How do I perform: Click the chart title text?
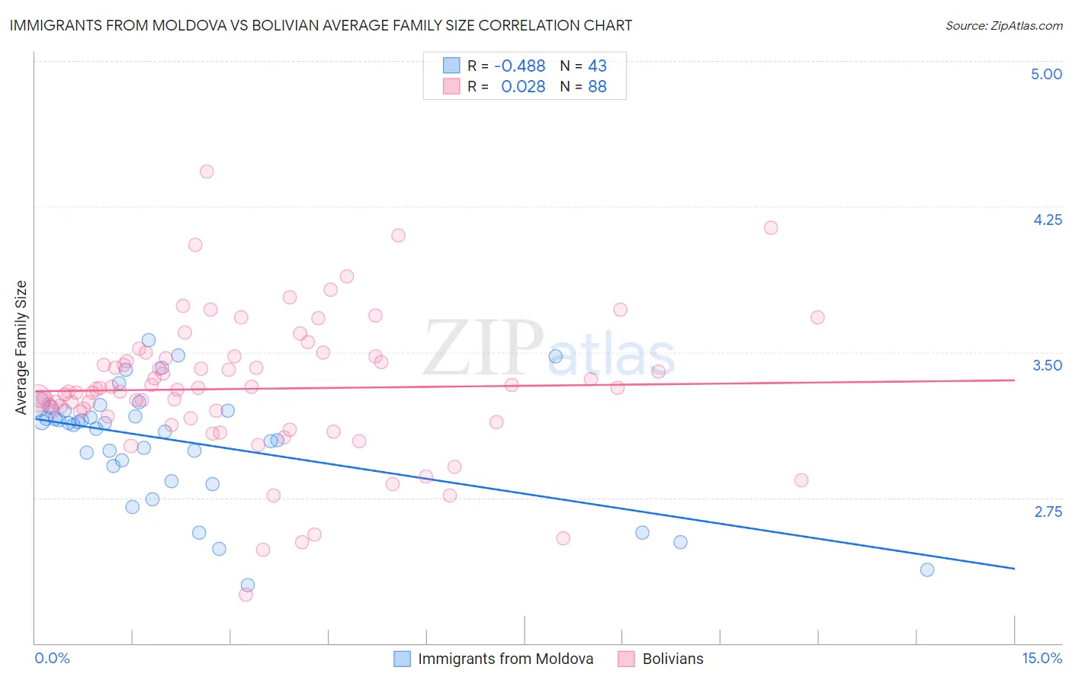pos(320,25)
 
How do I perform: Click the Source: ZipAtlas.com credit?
pos(1003,26)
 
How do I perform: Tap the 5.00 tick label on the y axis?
pos(1046,74)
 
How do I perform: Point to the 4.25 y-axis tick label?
pos(1047,220)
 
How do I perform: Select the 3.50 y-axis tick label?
pos(1047,365)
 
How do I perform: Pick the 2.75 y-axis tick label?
pos(1048,511)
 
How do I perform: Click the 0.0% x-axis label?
pos(52,658)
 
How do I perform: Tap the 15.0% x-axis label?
pos(1042,658)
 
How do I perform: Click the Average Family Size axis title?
pos(21,347)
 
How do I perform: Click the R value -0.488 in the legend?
pos(519,66)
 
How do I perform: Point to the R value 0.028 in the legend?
pos(523,87)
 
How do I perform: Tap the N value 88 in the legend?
pos(597,87)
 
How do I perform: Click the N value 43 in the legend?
pos(597,66)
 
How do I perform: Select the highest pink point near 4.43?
pos(207,172)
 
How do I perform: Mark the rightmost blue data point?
pos(927,569)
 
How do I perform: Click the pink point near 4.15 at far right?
pos(771,227)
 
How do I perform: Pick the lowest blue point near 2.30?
pos(248,585)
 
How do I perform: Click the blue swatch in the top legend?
pos(451,66)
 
